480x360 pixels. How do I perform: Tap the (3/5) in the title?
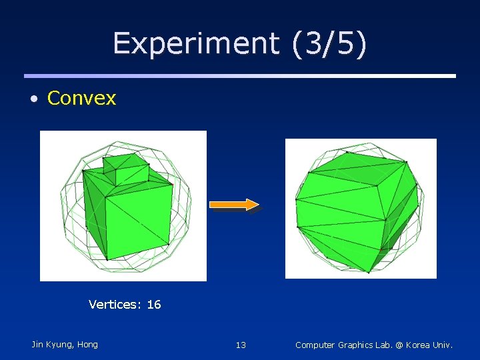[x=328, y=44]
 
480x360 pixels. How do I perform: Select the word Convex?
[x=81, y=99]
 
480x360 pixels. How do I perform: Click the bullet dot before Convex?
[x=33, y=99]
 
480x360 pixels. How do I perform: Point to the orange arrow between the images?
[x=234, y=204]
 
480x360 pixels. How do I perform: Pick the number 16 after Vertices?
[x=154, y=305]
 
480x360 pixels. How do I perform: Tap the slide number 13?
[x=241, y=345]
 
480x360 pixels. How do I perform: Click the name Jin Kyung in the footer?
[x=53, y=345]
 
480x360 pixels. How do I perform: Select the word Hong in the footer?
[x=87, y=345]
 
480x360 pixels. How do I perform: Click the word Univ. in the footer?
[x=443, y=345]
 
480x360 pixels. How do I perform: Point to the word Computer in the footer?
[x=315, y=345]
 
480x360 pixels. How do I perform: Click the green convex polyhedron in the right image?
[x=357, y=207]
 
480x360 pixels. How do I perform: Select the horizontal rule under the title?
[x=240, y=76]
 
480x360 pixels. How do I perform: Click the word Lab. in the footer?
[x=385, y=345]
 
